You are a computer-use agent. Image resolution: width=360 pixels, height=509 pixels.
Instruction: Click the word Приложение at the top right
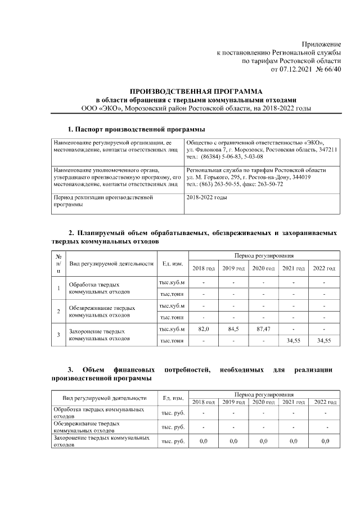click(x=321, y=44)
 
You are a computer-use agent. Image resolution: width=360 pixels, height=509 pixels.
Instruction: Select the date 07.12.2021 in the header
click(x=298, y=69)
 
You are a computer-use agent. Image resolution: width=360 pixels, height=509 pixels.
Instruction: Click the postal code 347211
click(x=327, y=150)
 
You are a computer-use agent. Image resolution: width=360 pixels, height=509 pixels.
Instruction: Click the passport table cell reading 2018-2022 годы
click(x=206, y=198)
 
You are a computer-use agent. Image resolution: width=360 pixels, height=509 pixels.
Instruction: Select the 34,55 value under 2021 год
click(x=293, y=340)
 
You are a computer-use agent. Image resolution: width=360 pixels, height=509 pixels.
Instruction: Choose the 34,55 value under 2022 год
click(x=324, y=340)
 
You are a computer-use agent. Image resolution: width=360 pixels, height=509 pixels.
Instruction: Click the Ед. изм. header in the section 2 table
click(x=172, y=263)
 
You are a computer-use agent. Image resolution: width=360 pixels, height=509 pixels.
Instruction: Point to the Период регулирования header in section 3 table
click(x=263, y=395)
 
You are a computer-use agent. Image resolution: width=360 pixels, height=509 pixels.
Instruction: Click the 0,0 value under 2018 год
click(x=204, y=442)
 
